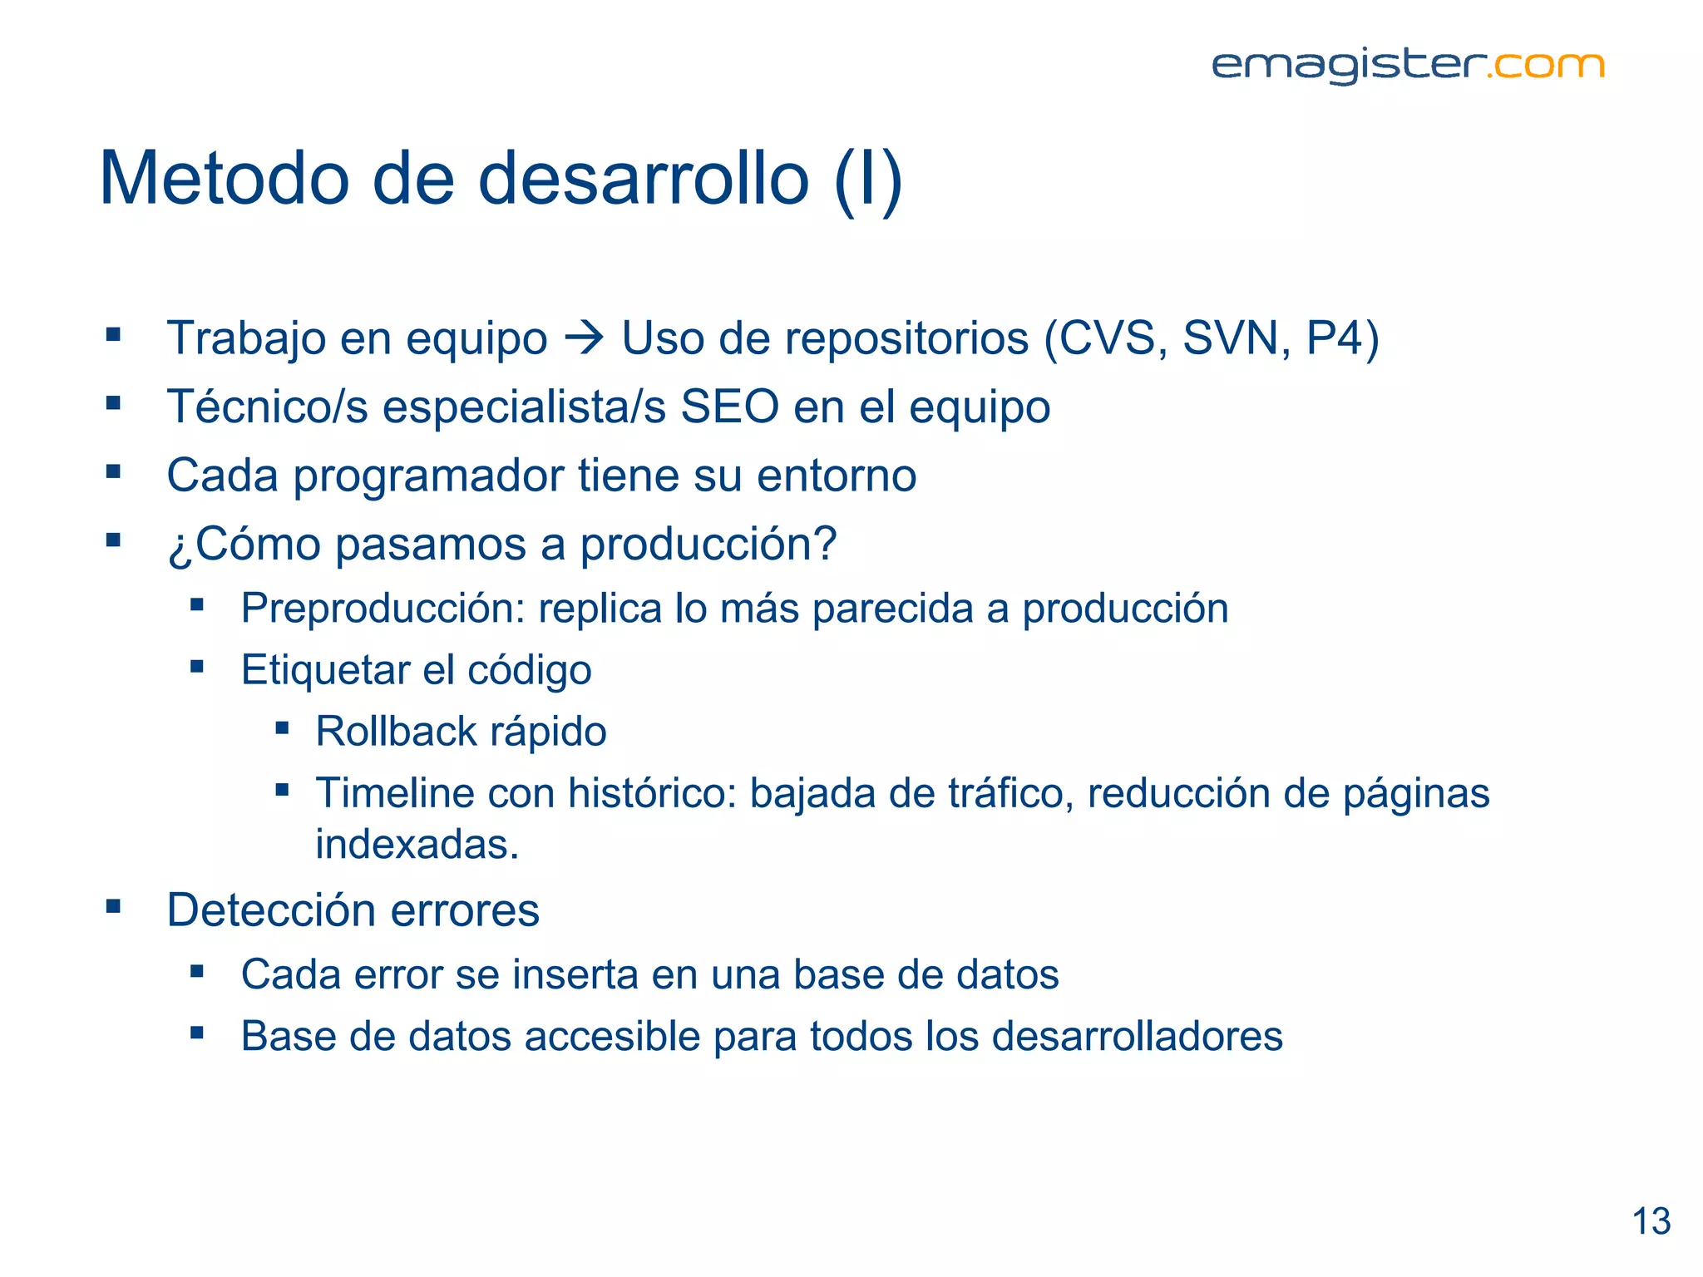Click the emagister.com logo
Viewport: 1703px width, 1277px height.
[x=1407, y=66]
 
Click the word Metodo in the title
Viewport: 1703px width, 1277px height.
[x=224, y=179]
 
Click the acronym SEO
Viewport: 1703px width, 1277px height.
[x=729, y=407]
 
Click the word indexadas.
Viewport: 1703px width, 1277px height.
[x=417, y=845]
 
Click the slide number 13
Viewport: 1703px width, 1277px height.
[x=1651, y=1221]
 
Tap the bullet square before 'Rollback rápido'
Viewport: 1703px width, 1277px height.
[x=283, y=729]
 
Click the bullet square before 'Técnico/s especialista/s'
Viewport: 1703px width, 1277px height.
[x=114, y=404]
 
